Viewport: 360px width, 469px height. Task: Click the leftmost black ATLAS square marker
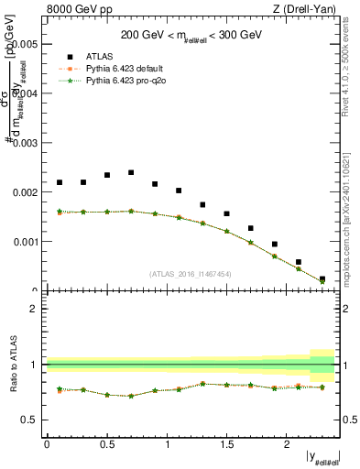(x=60, y=182)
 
